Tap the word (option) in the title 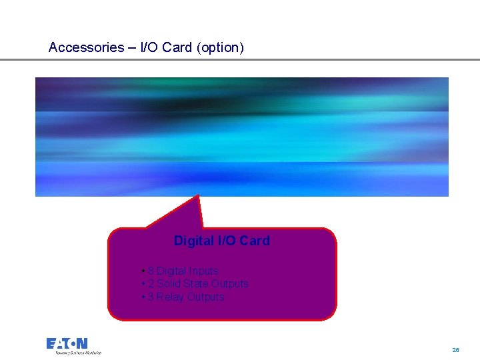coord(220,47)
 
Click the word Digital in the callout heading coord(194,241)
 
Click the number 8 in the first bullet coord(151,271)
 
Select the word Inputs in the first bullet coord(203,271)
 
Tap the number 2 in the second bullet coord(151,284)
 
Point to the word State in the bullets coord(195,284)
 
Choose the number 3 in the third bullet coord(151,297)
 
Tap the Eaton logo coord(67,343)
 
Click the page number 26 coord(455,349)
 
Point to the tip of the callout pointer coord(198,196)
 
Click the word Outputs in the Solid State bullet coord(230,284)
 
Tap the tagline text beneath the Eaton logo coord(73,353)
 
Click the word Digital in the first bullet coord(171,271)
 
